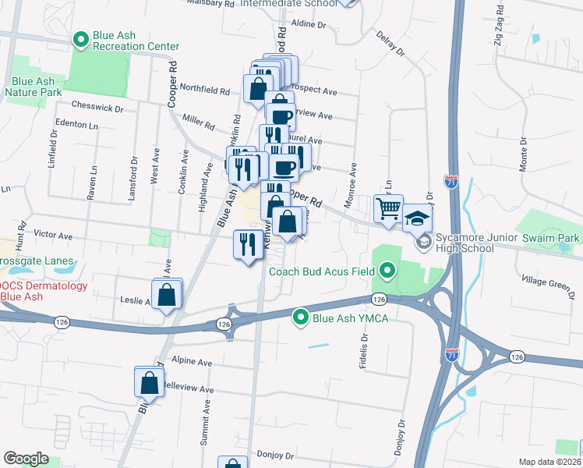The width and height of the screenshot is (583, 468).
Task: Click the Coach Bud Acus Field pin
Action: tap(387, 271)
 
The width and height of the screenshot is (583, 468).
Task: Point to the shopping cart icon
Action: tap(387, 208)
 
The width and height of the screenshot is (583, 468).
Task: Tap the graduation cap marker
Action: tap(418, 218)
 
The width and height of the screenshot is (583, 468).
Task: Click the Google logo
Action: tap(25, 458)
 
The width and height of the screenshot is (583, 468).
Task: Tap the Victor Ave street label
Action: tap(53, 235)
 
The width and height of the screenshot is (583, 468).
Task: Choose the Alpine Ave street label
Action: tap(193, 363)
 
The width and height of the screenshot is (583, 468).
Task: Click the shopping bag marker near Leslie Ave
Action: tap(167, 295)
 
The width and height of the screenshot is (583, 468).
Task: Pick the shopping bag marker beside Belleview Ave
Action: tap(149, 383)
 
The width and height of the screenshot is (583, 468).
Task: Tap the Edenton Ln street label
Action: tap(77, 125)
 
